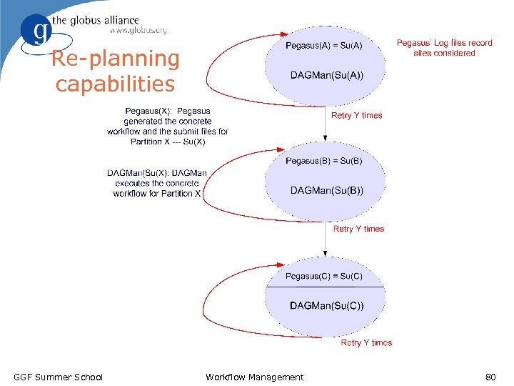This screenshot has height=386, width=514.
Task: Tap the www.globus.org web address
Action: coord(138,31)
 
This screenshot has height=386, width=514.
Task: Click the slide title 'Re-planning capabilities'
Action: coord(115,71)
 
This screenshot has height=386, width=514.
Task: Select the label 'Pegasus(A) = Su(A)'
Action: coord(324,46)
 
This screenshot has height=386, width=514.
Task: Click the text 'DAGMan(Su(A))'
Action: coord(326,75)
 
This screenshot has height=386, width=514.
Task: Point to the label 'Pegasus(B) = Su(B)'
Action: coord(324,161)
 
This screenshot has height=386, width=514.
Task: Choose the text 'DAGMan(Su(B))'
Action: coord(326,190)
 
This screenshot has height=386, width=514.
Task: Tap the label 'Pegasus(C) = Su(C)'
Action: coord(324,276)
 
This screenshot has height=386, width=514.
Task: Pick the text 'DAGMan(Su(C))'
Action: coord(326,306)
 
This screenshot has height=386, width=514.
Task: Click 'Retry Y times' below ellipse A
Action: coord(357,115)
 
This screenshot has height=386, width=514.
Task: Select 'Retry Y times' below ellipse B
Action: coord(358,229)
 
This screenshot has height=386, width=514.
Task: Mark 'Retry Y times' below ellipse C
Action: coord(366,343)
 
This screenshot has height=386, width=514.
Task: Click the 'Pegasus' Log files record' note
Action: coord(444,48)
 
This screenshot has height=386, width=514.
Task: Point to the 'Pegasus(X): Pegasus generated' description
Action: coord(168,126)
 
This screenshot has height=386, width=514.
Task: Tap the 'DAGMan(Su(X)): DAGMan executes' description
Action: coord(157,183)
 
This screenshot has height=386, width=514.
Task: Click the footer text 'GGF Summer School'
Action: coord(59,377)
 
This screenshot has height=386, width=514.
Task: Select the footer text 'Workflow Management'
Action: coord(254,377)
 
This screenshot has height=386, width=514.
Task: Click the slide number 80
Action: coord(490,377)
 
